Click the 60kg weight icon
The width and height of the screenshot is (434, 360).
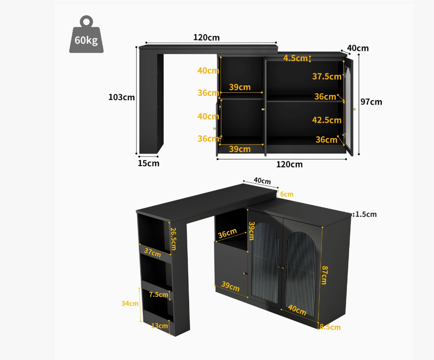(x=86, y=34)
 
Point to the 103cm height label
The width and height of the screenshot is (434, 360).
(x=121, y=97)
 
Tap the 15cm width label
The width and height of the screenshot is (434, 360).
(x=149, y=163)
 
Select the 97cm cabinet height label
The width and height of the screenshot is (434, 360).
(x=371, y=102)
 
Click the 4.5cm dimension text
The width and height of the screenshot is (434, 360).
(x=295, y=58)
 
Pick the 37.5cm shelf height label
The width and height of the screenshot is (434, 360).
(x=327, y=76)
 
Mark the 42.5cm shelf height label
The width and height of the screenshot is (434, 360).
(x=327, y=120)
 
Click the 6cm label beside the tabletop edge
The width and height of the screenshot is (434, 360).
(x=287, y=194)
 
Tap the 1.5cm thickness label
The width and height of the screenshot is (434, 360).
(x=366, y=214)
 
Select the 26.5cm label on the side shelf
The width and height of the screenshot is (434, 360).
(x=173, y=239)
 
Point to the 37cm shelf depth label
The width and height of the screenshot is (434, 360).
(x=153, y=252)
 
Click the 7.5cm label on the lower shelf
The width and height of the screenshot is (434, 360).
(x=159, y=295)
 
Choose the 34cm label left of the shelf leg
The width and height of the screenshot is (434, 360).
(x=130, y=304)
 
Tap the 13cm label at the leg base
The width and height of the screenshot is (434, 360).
(x=160, y=326)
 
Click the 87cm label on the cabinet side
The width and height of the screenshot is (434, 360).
(x=324, y=275)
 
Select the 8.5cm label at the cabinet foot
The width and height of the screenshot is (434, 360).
(x=330, y=327)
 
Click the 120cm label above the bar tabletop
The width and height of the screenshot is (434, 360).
(x=206, y=37)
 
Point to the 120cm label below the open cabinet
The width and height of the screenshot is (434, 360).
(x=289, y=164)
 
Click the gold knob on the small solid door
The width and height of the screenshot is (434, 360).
(x=244, y=274)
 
